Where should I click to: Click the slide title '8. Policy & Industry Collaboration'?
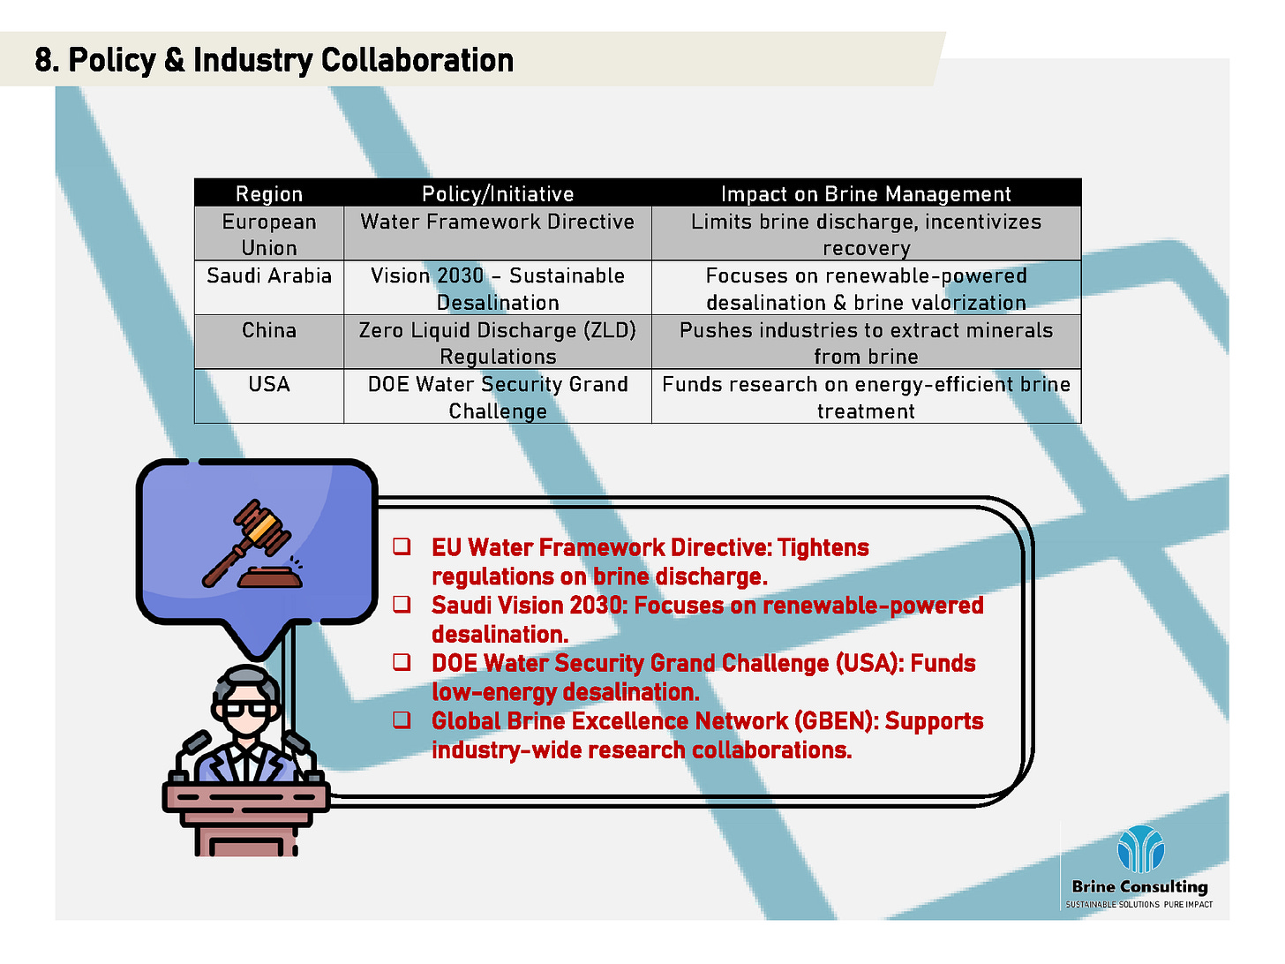(x=274, y=60)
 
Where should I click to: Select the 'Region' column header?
(x=268, y=193)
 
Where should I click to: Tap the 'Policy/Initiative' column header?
(x=498, y=193)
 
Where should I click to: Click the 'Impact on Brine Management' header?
(x=865, y=193)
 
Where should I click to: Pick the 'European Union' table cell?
(x=268, y=234)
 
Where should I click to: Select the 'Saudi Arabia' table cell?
(x=268, y=288)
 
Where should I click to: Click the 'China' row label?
(x=268, y=330)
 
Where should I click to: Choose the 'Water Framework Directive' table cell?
(x=498, y=234)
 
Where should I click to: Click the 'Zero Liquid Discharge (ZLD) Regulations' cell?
(x=498, y=343)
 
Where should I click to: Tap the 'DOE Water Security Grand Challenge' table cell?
(x=498, y=396)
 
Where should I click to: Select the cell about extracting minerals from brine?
(x=866, y=343)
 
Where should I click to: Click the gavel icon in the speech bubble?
(x=252, y=545)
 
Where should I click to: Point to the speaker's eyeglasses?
(x=246, y=709)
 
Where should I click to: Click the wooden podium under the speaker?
(x=246, y=819)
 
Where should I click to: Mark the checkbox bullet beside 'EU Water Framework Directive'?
(x=402, y=546)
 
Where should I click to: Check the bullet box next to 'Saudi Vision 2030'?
(x=402, y=604)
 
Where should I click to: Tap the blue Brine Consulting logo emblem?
(x=1140, y=848)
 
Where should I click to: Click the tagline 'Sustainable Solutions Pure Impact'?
(x=1138, y=904)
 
